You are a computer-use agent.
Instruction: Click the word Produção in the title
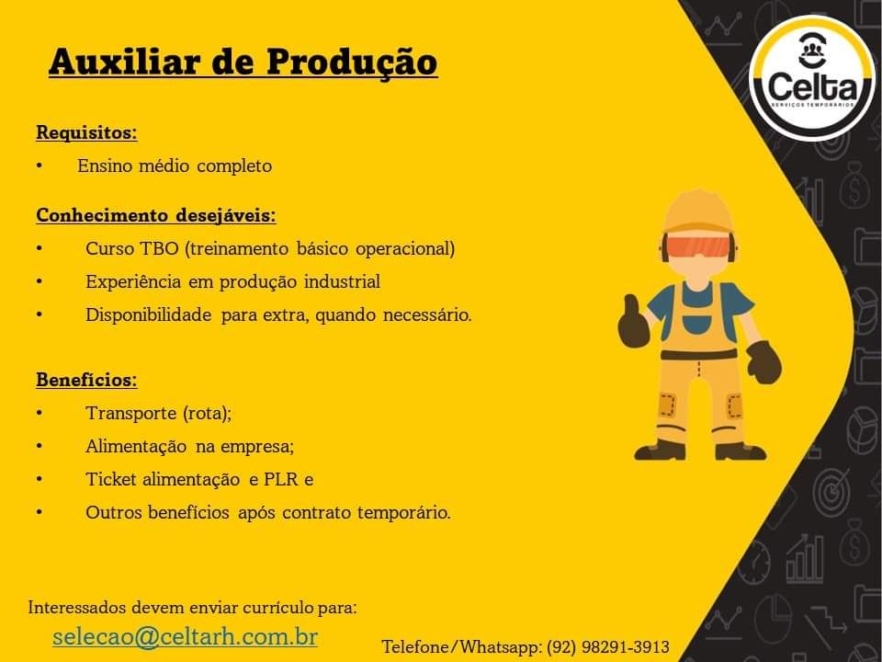[x=352, y=63]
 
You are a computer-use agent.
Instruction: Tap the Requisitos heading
[x=86, y=133]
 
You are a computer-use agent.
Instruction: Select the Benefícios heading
[x=86, y=380]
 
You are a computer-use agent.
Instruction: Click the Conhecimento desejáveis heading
[x=156, y=215]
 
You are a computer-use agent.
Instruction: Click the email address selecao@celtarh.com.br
[x=185, y=636]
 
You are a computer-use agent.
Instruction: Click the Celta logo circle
[x=812, y=78]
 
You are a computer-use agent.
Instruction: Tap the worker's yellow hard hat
[x=698, y=211]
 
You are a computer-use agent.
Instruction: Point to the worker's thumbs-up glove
[x=633, y=323]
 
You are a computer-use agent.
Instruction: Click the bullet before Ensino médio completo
[x=40, y=166]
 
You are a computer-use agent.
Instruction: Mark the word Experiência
[x=133, y=282]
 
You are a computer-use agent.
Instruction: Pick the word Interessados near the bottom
[x=77, y=608]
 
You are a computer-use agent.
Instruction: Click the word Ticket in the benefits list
[x=111, y=480]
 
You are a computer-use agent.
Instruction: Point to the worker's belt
[x=698, y=354]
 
